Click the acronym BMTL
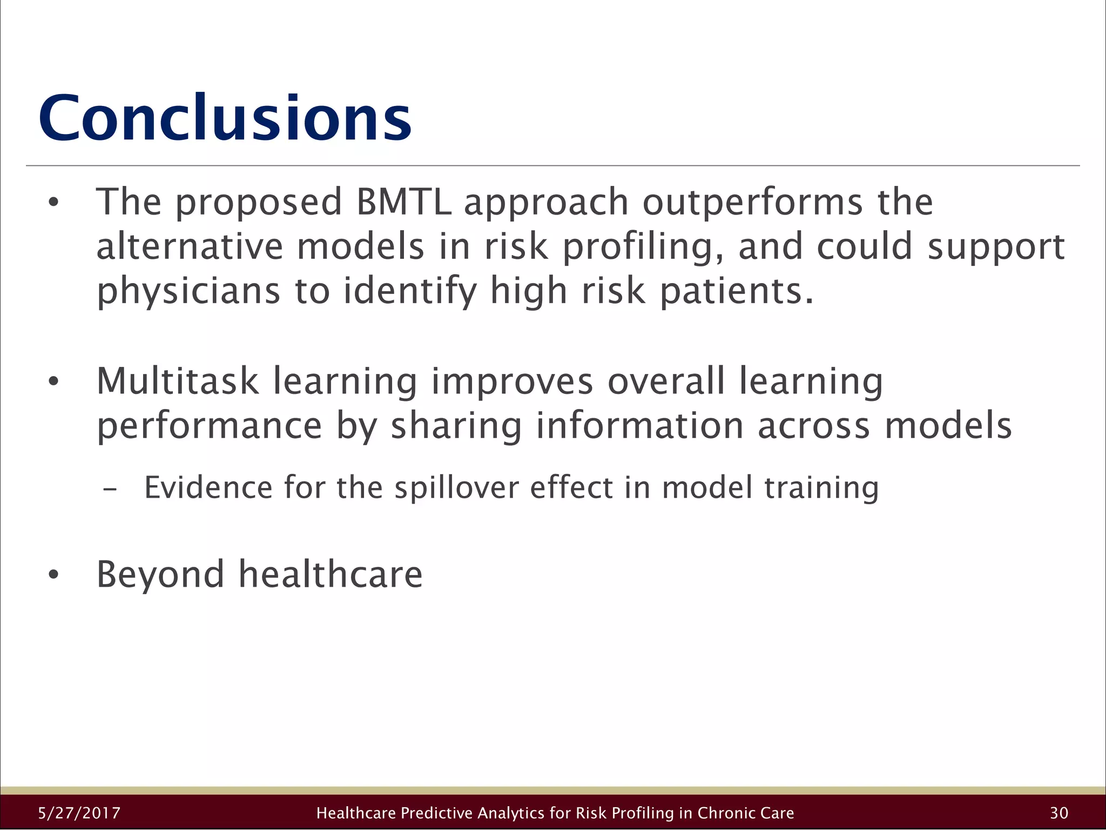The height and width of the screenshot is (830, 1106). coord(403,202)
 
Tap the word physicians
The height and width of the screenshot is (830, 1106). coord(188,292)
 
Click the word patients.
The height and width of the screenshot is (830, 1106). coord(737,292)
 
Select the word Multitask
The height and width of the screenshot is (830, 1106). coord(178,381)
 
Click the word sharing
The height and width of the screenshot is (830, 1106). coord(456,426)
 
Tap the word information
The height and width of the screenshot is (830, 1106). coord(639,426)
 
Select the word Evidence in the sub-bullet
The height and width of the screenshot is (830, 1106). coord(208,487)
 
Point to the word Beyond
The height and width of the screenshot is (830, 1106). coord(160,574)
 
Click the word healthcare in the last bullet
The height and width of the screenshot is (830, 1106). coord(331,574)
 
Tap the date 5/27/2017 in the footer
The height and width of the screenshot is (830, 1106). coord(79,813)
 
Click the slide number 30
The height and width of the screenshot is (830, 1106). coord(1059,813)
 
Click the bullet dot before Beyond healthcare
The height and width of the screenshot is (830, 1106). coord(52,575)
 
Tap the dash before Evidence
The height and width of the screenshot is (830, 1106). coord(110,489)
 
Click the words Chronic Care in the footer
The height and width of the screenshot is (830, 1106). coord(745,813)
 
